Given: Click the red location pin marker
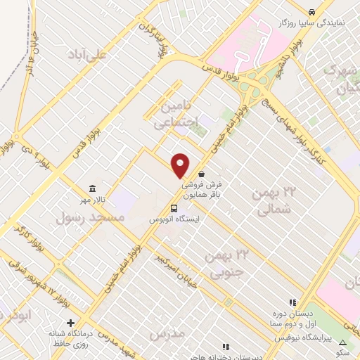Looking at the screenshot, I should click(181, 166).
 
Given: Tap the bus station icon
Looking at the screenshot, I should click(172, 208).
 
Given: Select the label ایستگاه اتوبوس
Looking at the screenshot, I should click(172, 220).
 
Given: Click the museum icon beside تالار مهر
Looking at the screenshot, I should click(93, 188).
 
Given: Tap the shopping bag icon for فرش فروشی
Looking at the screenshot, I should click(202, 173).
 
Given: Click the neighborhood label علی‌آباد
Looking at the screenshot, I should click(88, 54).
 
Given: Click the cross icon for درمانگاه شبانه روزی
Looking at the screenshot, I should click(70, 323).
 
